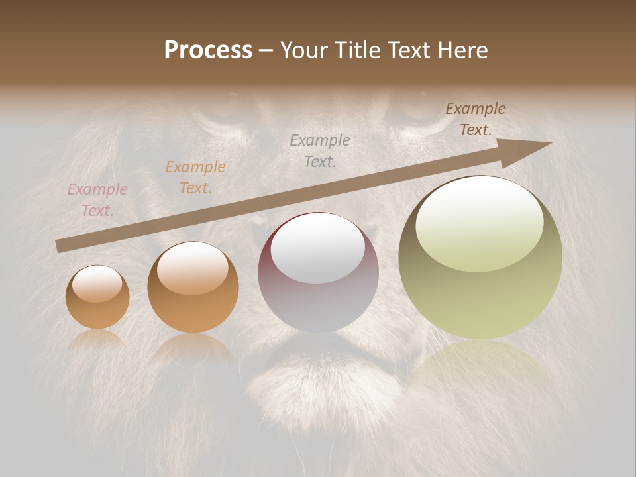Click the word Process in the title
click(208, 50)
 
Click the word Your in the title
click(303, 50)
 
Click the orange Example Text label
click(195, 178)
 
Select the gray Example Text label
click(320, 150)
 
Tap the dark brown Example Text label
click(476, 119)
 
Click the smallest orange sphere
click(97, 297)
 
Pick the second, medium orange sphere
click(193, 288)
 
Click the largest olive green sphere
click(480, 258)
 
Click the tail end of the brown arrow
click(58, 246)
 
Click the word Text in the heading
click(410, 50)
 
